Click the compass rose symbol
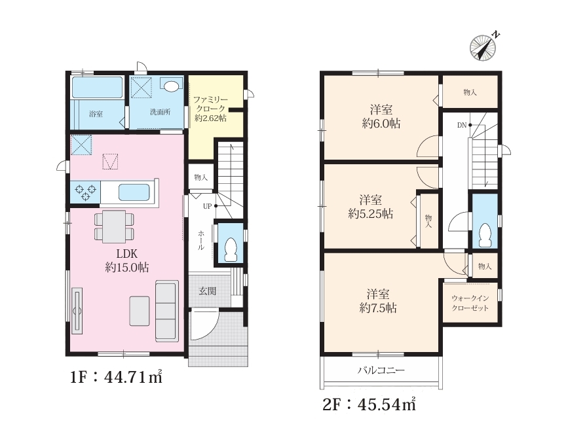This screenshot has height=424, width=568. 483,47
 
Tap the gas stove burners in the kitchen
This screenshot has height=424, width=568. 85,192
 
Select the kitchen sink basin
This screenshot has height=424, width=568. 134,192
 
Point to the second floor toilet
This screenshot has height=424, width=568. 485,236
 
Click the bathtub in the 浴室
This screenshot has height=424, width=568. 97,87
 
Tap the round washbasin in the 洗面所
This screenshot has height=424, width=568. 170,86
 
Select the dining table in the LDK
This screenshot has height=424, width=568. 114,226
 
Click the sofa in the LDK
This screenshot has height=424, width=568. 167,311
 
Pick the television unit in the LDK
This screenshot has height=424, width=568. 77,310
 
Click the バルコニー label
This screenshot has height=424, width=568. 381,370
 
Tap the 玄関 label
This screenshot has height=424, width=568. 207,291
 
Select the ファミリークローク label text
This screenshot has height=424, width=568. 210,104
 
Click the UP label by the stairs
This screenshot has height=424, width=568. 207,206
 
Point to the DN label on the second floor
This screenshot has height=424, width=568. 462,125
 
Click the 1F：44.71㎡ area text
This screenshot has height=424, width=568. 116,378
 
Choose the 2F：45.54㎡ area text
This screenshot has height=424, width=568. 369,404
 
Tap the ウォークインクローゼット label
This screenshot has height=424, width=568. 470,303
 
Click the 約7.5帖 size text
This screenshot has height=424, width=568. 378,308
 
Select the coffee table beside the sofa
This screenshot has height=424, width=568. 140,311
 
